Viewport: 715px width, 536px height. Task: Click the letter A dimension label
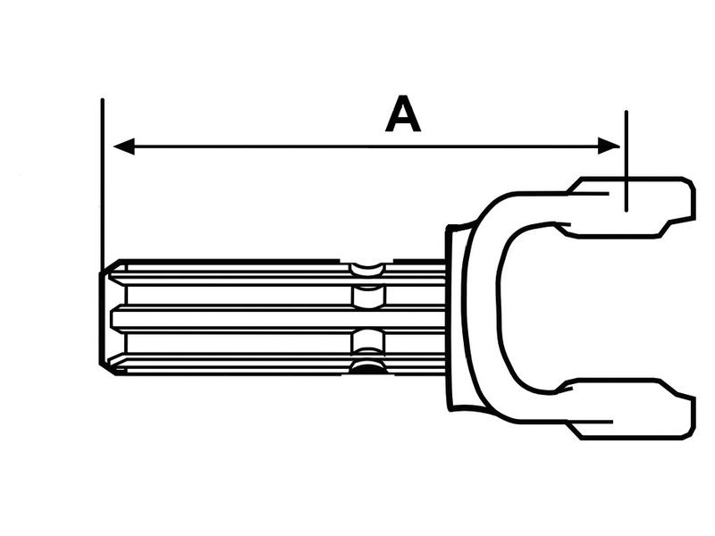[403, 113]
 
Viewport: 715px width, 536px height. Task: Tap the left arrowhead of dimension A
[123, 147]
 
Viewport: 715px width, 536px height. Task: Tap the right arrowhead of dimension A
[609, 147]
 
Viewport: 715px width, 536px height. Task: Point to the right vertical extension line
[627, 161]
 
